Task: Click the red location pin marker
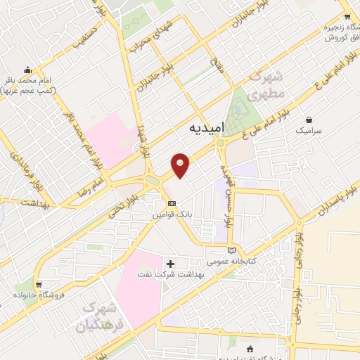point(181,165)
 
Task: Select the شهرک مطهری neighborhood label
point(267,84)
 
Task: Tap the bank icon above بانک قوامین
point(162,203)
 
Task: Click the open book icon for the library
point(232,250)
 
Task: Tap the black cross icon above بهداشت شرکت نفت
point(170,263)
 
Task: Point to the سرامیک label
point(309,130)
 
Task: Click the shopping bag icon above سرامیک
point(310,119)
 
